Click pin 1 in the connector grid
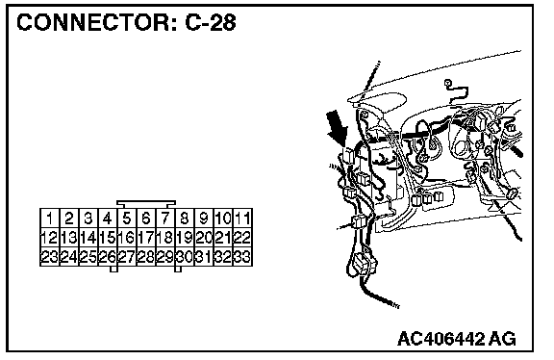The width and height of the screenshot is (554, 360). [50, 219]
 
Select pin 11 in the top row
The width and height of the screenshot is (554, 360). [242, 219]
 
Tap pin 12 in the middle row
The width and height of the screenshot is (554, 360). [50, 238]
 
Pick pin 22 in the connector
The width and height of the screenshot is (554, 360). [242, 238]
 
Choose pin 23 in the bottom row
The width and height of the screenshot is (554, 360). [50, 256]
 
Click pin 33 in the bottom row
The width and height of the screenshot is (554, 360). [242, 256]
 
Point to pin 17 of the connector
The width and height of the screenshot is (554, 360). [146, 238]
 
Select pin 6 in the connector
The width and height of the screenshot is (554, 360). [146, 219]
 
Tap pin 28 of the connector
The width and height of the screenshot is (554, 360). [146, 256]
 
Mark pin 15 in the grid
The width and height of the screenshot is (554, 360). [108, 238]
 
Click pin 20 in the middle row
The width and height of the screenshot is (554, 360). [204, 238]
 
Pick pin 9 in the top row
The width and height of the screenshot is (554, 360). [204, 219]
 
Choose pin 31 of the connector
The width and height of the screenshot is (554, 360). [204, 256]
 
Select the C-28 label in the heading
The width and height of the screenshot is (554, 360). [211, 22]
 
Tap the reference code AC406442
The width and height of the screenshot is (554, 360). [441, 339]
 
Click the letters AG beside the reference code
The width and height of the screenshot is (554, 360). [502, 339]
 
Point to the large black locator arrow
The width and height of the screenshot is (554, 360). [338, 128]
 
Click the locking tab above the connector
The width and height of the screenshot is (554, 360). [146, 204]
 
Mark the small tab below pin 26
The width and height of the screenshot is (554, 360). [113, 270]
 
